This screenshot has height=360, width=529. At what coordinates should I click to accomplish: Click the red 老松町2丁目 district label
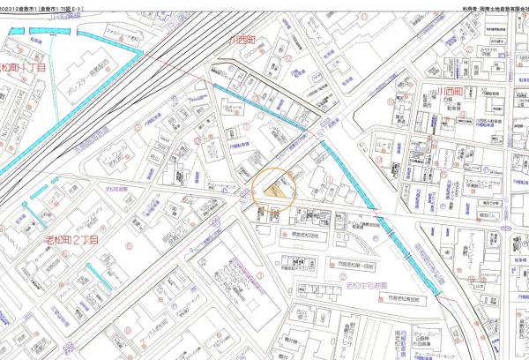73,239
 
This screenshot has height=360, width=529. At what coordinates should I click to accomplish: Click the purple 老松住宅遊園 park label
365,285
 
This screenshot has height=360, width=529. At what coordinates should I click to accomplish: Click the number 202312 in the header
15,4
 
